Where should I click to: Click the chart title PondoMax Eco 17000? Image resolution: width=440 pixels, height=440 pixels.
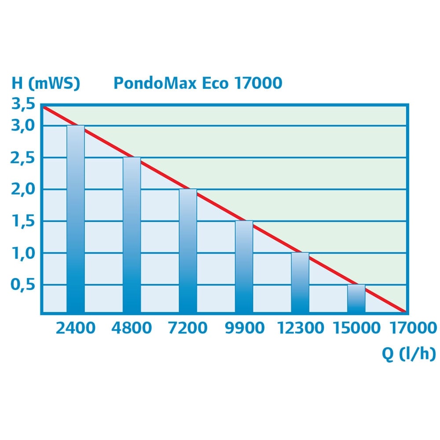pos(198,83)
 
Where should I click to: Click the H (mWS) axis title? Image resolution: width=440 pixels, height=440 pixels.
pos(45,83)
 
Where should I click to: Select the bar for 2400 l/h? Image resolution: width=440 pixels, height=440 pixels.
pos(75,220)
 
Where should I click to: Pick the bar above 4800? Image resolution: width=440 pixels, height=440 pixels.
pos(132,235)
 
